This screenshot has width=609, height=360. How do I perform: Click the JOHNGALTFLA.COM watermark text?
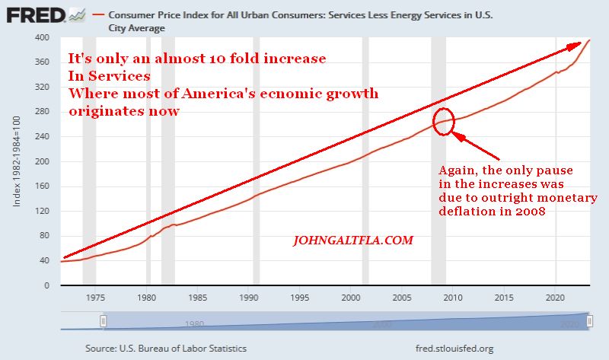353,241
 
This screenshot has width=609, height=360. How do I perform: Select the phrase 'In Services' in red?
109,76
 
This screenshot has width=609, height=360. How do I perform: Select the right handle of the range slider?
589,321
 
